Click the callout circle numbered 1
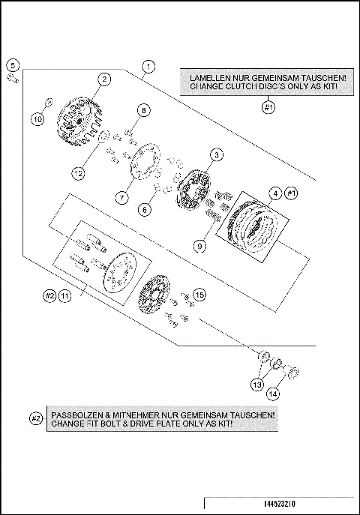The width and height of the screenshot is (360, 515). [x=148, y=67]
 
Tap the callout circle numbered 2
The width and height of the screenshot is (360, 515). [x=104, y=79]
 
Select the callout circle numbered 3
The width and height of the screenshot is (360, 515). [x=217, y=155]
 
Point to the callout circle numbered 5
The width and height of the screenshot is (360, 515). [x=13, y=65]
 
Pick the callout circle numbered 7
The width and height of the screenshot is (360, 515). [x=122, y=198]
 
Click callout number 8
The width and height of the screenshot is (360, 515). [x=143, y=110]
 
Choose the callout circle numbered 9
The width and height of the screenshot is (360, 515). [x=199, y=246]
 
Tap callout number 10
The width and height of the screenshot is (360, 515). [x=37, y=119]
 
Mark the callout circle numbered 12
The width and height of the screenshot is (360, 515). [x=79, y=172]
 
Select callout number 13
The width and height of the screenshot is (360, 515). [x=257, y=385]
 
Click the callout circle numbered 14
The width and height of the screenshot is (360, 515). [x=273, y=394]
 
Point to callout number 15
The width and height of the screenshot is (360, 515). [x=199, y=295]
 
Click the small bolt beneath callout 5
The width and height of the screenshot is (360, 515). [x=13, y=79]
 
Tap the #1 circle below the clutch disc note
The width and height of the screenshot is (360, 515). [x=268, y=107]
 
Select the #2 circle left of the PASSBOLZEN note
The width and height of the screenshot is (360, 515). [x=36, y=419]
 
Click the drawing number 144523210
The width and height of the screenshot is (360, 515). [x=280, y=504]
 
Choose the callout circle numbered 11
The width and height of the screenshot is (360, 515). [x=65, y=296]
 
